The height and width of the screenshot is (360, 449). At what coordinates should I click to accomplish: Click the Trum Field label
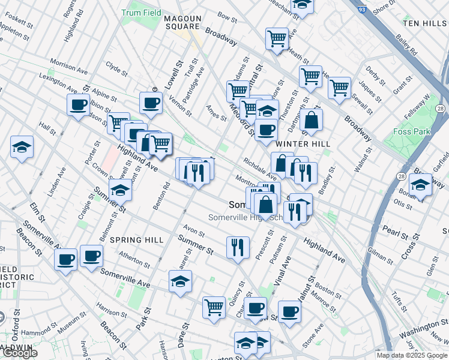(140, 13)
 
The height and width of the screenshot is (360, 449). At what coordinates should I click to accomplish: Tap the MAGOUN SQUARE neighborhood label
(182, 23)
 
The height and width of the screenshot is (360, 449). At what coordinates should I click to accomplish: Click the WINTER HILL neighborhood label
(295, 144)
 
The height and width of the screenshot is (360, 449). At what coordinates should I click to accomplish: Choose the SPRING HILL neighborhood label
(136, 240)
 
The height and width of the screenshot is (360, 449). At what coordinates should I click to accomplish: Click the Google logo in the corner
(19, 353)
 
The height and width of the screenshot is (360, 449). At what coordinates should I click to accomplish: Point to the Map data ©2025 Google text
(412, 355)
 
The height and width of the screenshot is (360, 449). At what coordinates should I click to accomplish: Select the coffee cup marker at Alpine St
(78, 104)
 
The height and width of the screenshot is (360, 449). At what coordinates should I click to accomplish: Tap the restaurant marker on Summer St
(238, 247)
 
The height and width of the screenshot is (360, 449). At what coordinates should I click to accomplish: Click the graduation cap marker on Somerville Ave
(180, 281)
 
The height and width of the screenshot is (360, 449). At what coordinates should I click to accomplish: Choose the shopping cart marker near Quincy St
(214, 307)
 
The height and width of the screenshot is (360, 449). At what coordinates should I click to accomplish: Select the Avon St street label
(194, 230)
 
